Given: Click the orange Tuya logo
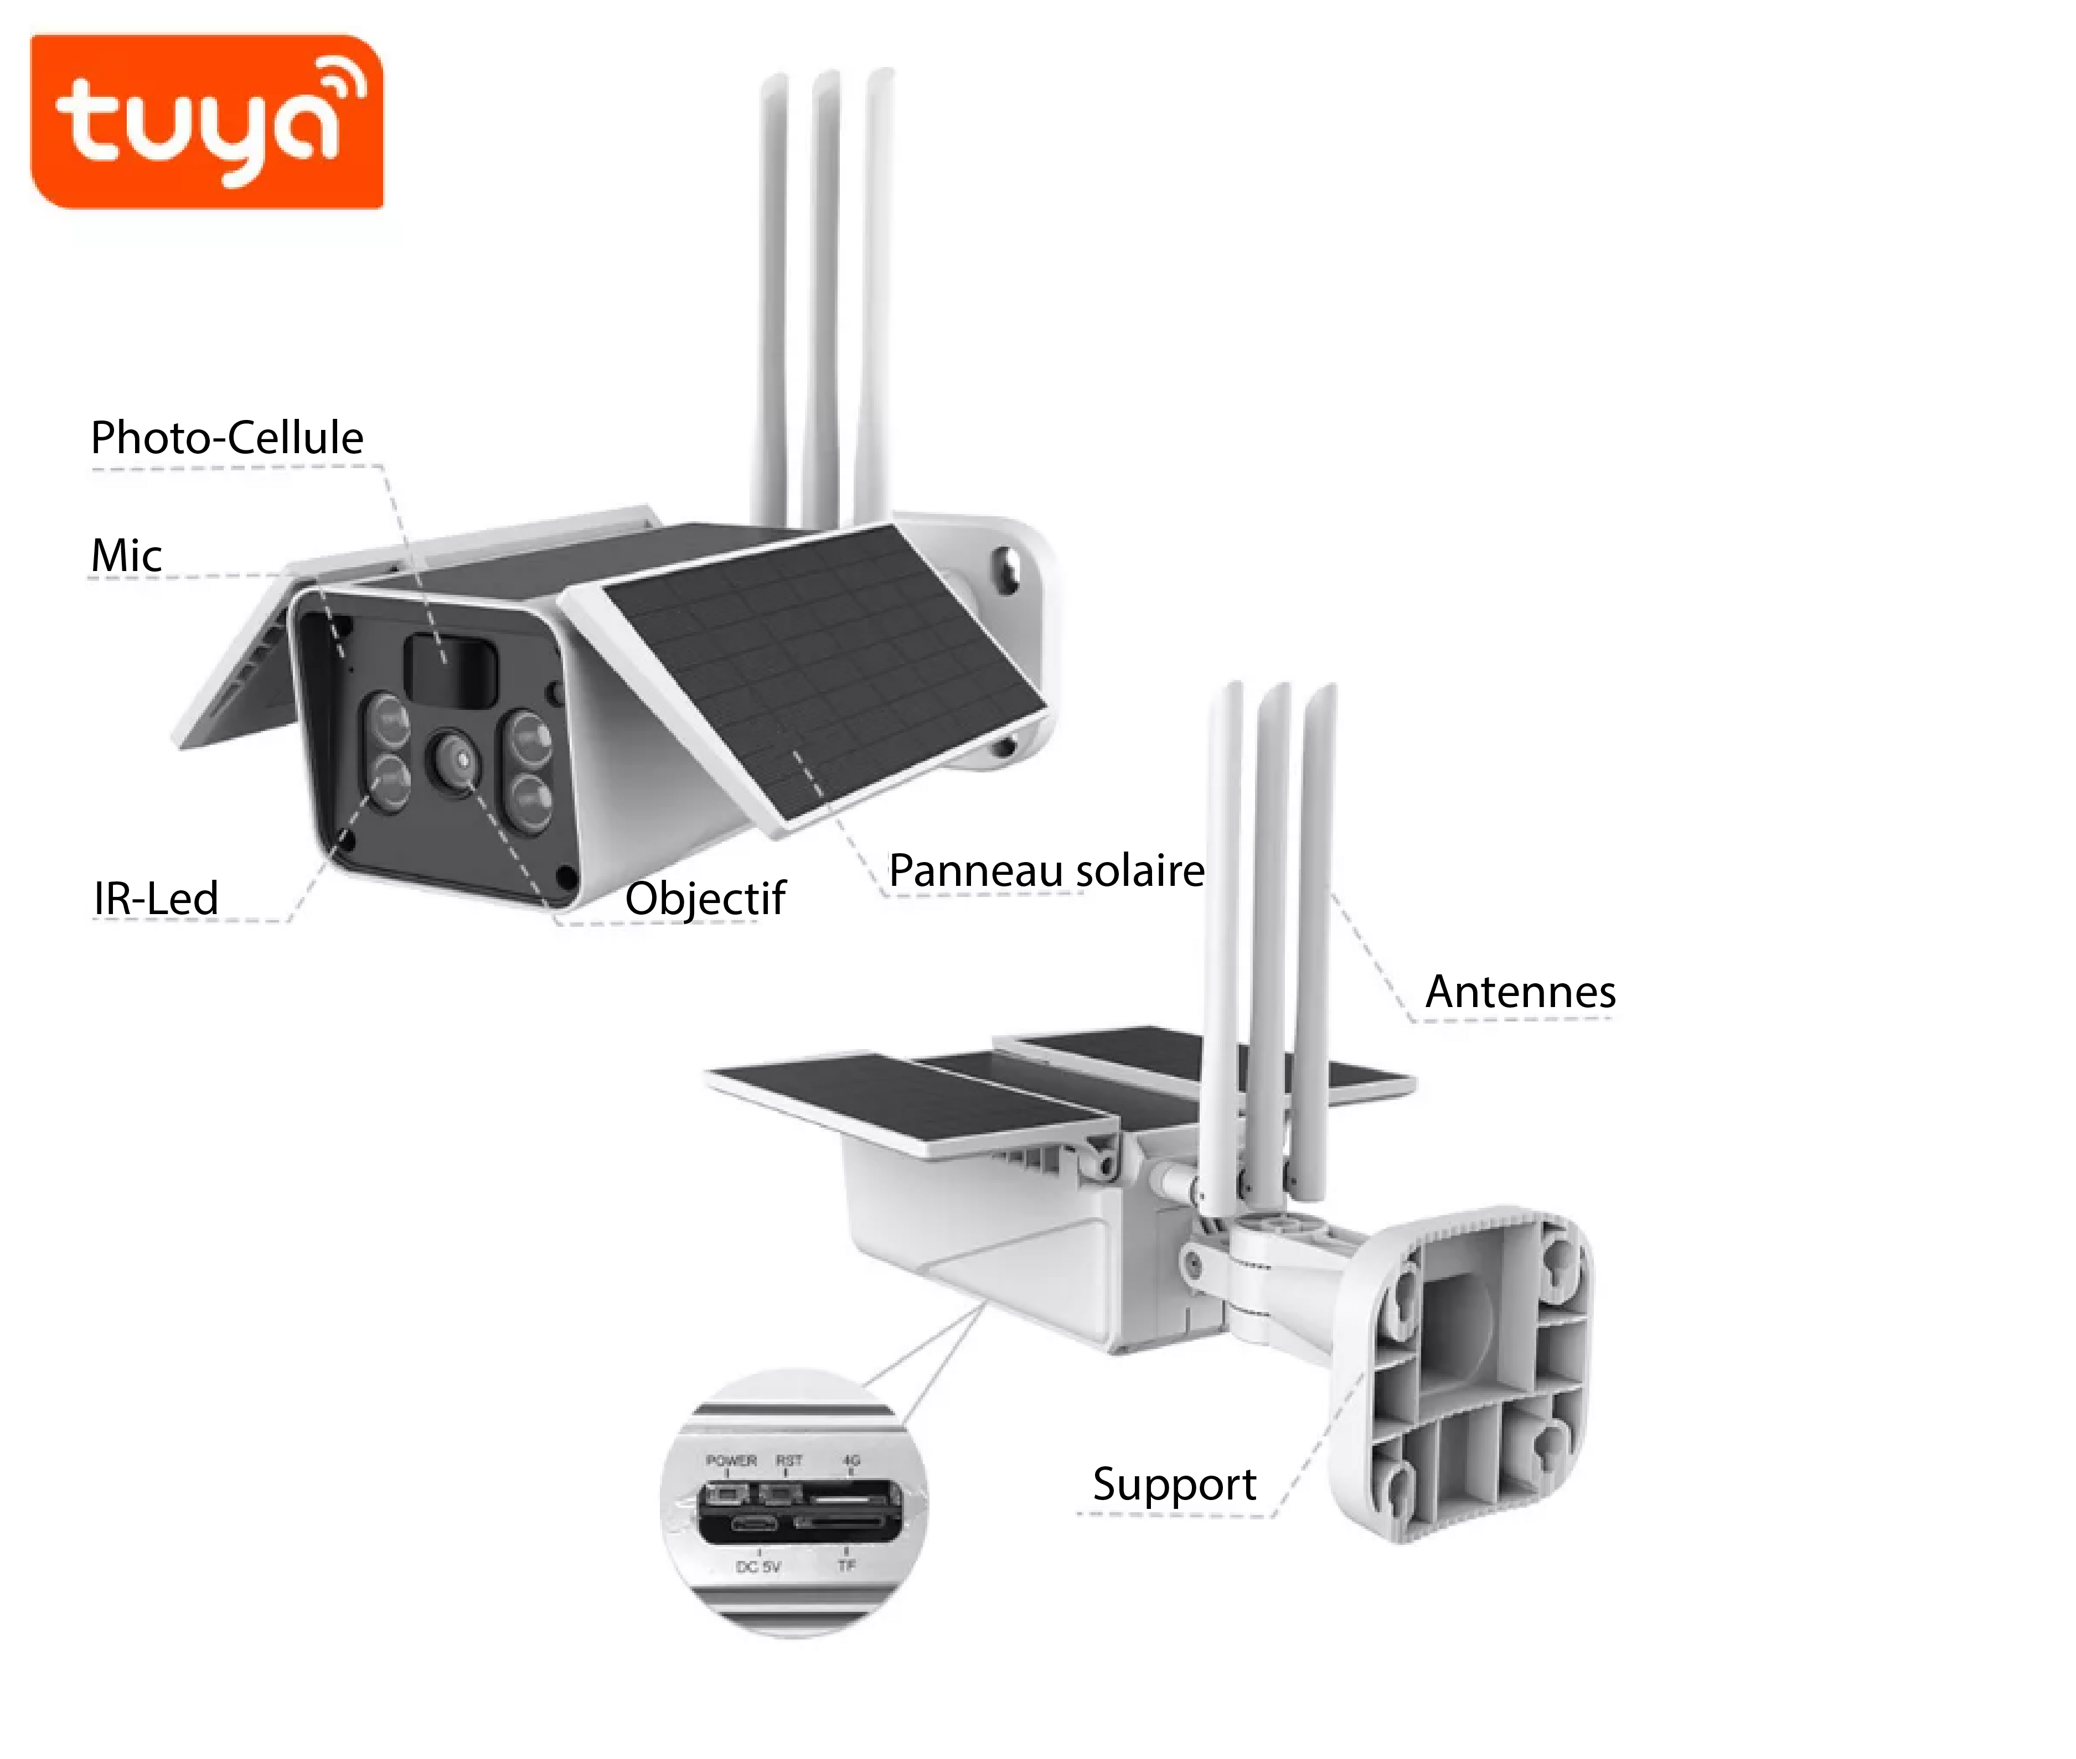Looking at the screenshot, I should [x=206, y=122].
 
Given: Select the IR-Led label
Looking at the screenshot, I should [x=156, y=897].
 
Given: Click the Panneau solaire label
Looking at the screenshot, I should [x=1046, y=870].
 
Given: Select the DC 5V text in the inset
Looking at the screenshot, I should [x=758, y=1566].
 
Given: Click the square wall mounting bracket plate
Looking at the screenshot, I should [x=1466, y=1376].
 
